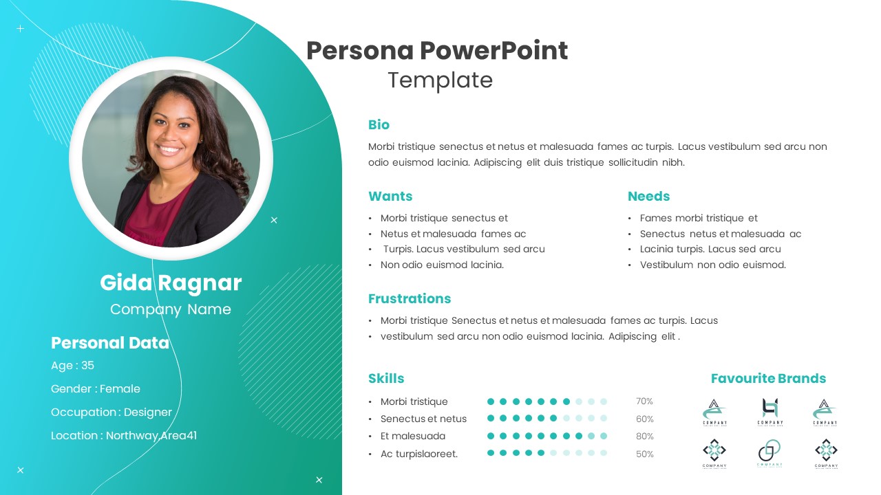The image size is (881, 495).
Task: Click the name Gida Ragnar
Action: pyautogui.click(x=171, y=283)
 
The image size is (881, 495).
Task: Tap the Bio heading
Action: pyautogui.click(x=379, y=124)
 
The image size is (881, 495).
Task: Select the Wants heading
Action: pyautogui.click(x=390, y=196)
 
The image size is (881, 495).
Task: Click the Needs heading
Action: pyautogui.click(x=648, y=196)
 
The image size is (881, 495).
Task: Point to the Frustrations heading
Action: pyautogui.click(x=410, y=298)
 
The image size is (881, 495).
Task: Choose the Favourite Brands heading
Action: pyautogui.click(x=768, y=378)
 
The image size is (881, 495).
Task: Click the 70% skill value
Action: pyautogui.click(x=644, y=401)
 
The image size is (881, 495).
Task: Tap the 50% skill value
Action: pyautogui.click(x=644, y=454)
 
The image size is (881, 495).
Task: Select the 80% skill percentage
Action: pyautogui.click(x=644, y=436)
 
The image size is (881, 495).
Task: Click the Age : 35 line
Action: pyautogui.click(x=72, y=365)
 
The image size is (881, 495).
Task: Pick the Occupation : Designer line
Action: pyautogui.click(x=112, y=412)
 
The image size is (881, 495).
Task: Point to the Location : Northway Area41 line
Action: pyautogui.click(x=124, y=435)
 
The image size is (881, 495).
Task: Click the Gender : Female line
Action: pyautogui.click(x=96, y=388)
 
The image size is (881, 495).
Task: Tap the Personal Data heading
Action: pyautogui.click(x=110, y=342)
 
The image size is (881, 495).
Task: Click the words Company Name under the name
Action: pyautogui.click(x=171, y=309)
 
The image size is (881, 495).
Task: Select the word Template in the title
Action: pyautogui.click(x=440, y=80)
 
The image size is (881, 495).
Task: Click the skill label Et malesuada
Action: pyautogui.click(x=413, y=436)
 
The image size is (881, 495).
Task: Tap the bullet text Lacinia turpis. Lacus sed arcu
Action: pyautogui.click(x=710, y=249)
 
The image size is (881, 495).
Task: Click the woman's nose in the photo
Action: pyautogui.click(x=169, y=134)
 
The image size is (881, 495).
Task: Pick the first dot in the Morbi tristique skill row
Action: pyautogui.click(x=491, y=401)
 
